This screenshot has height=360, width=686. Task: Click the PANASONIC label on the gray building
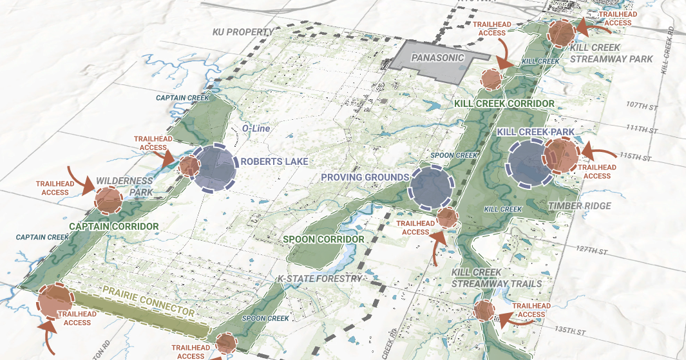pos(437,57)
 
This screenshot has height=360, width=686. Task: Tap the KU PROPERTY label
pos(243,32)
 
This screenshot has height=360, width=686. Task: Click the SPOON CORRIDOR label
pos(324,239)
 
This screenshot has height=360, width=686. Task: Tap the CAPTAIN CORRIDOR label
pos(113,227)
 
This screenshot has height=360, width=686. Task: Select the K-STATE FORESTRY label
pos(319,279)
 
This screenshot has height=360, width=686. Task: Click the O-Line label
pos(254,129)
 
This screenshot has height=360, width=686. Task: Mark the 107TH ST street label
pos(641,104)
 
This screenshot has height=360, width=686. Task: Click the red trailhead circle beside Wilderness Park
pos(109,200)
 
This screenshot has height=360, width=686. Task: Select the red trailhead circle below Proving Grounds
pos(447,218)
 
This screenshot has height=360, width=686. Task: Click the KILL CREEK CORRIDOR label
pos(504,104)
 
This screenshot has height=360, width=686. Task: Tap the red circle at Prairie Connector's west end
pos(55,301)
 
